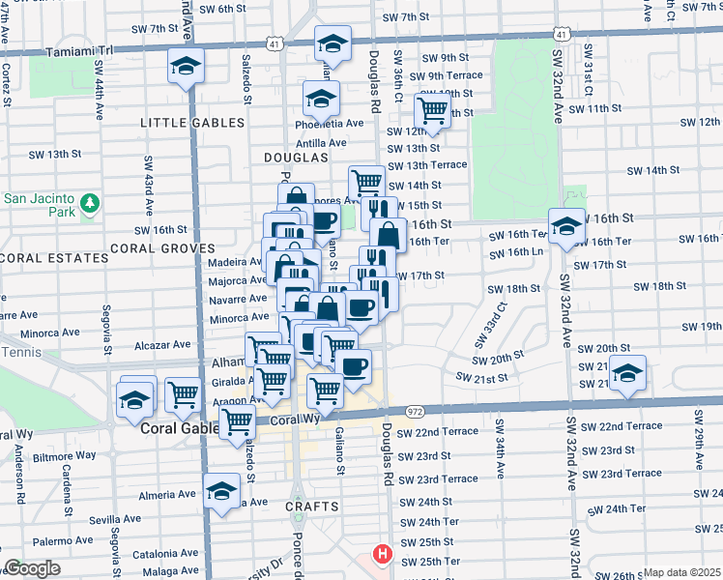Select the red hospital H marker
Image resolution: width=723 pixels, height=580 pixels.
(x=383, y=557)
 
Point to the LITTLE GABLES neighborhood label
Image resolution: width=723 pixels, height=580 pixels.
(x=192, y=123)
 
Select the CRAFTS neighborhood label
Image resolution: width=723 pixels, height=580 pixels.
(x=312, y=507)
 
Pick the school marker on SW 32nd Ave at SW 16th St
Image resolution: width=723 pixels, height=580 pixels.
(x=565, y=227)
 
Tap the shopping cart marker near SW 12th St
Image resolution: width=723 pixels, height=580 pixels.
(x=432, y=110)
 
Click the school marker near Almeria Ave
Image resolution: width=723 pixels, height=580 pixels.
(x=222, y=491)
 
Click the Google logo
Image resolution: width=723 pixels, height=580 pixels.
(x=32, y=568)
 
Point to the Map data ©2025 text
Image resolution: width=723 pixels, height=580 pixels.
(x=681, y=572)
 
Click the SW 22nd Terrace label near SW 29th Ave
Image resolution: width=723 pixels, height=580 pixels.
(x=630, y=425)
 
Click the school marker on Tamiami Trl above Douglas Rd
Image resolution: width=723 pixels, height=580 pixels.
(x=332, y=44)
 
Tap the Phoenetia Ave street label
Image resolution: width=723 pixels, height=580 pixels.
(x=333, y=123)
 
